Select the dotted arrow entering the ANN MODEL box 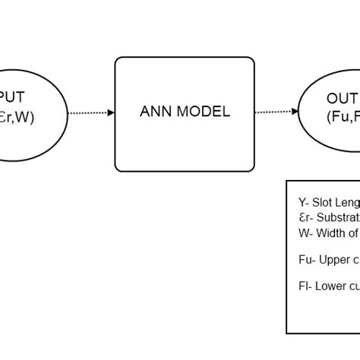click(90, 112)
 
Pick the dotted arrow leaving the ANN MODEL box click(274, 112)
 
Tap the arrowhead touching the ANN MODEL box click(111, 112)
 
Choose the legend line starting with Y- click(329, 203)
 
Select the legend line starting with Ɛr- click(329, 217)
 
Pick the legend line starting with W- click(329, 232)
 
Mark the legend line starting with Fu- click(329, 260)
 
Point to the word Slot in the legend click(323, 203)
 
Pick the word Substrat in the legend click(339, 217)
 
